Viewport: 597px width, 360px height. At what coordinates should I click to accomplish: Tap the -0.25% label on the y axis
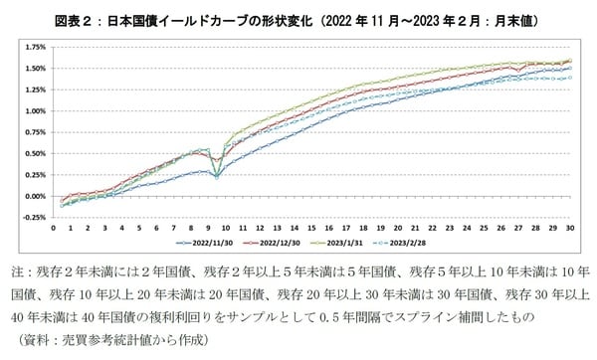point(35,217)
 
